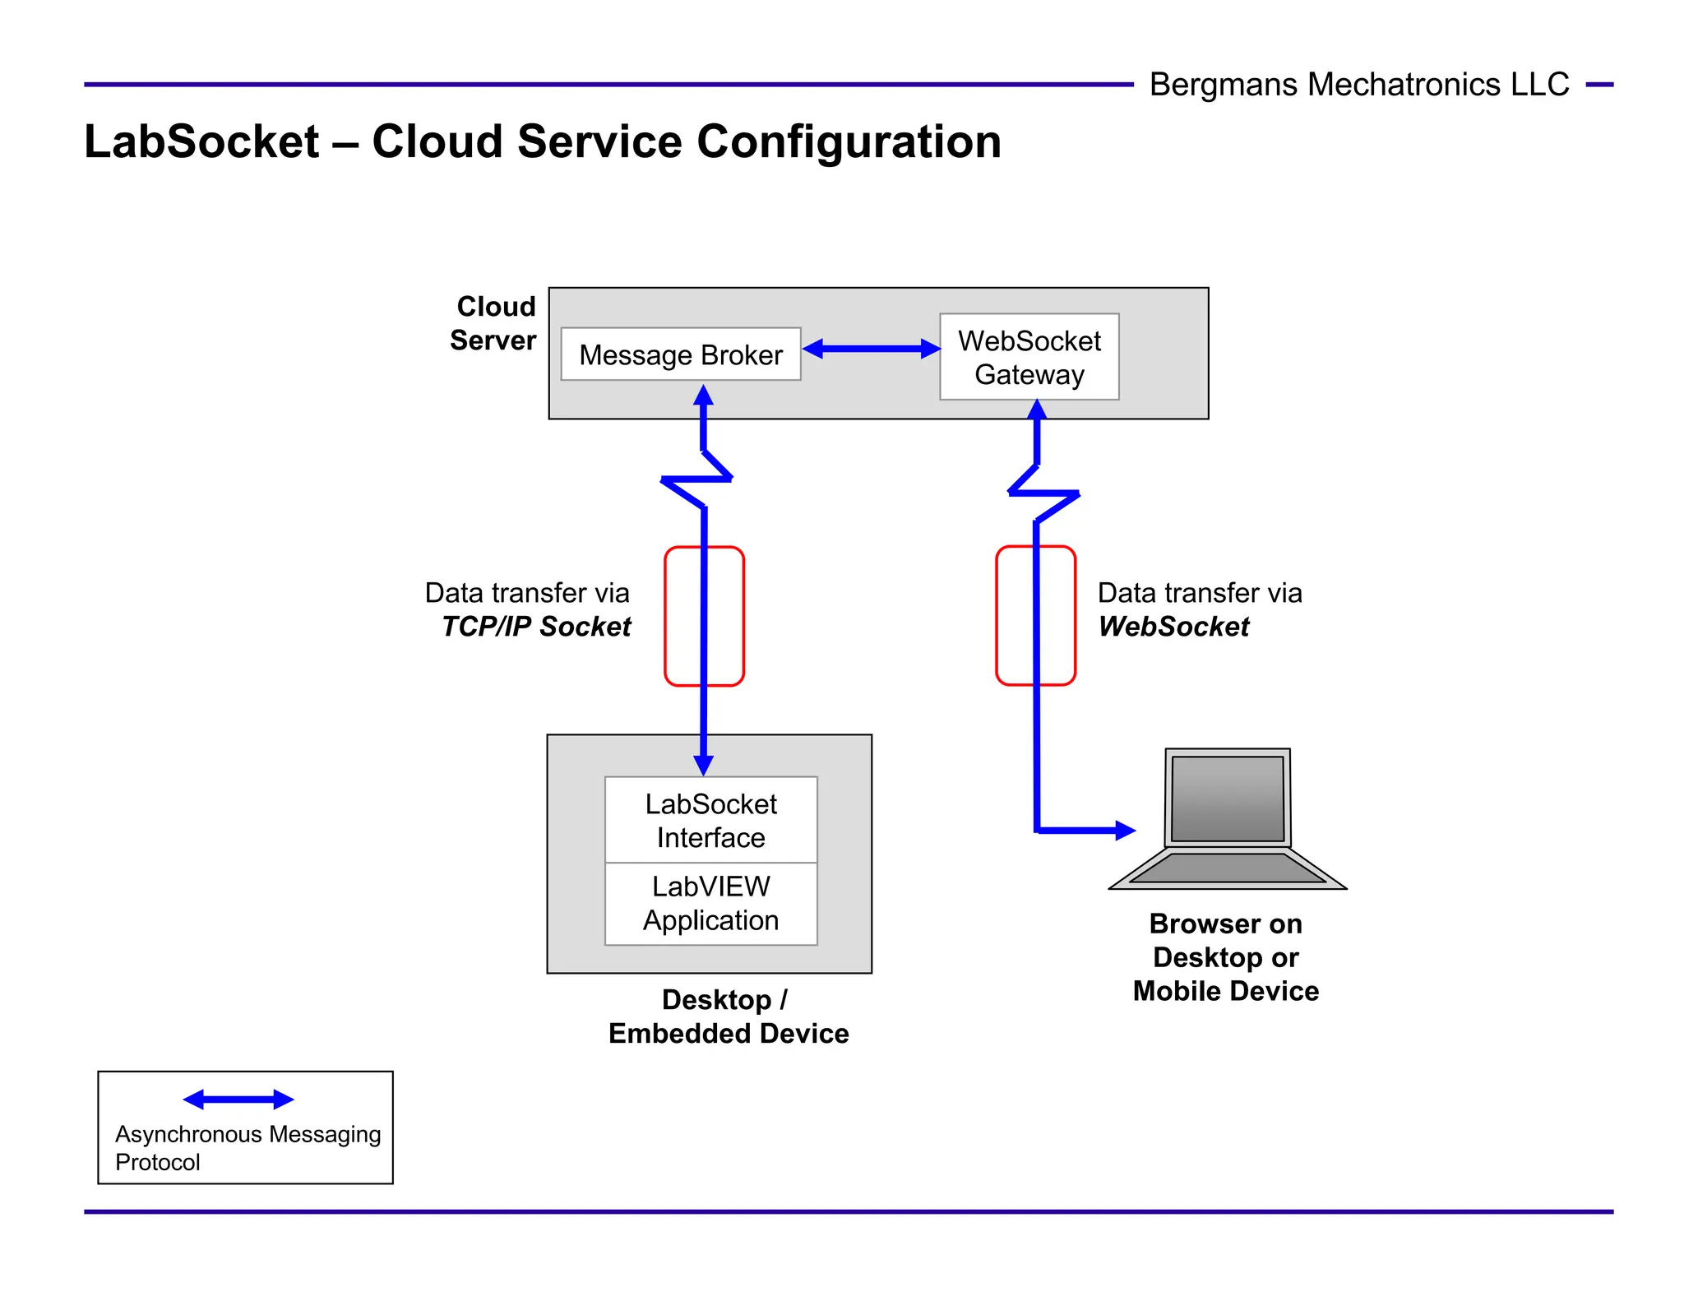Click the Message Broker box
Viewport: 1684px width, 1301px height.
[680, 354]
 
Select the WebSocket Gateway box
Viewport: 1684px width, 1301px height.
[1029, 357]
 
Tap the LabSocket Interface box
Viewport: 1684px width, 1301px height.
[710, 820]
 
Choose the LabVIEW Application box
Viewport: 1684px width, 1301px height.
[710, 903]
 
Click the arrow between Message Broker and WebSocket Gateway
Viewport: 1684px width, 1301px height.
[871, 349]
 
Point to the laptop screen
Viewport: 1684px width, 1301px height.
[1227, 798]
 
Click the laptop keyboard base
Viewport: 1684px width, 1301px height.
[1227, 868]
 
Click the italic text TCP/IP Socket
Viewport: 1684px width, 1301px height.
[536, 627]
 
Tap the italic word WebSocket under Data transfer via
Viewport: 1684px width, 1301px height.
[1173, 627]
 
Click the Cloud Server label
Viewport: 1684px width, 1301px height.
[493, 323]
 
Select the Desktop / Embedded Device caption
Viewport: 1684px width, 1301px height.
[728, 1016]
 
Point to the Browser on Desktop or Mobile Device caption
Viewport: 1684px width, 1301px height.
[1225, 957]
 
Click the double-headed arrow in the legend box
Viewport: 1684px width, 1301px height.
[238, 1100]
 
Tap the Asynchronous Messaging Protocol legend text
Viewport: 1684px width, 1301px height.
[247, 1147]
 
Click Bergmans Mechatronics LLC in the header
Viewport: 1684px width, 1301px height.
[1358, 85]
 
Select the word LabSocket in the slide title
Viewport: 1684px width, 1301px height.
[201, 141]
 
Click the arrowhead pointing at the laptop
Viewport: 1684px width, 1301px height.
[1125, 831]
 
